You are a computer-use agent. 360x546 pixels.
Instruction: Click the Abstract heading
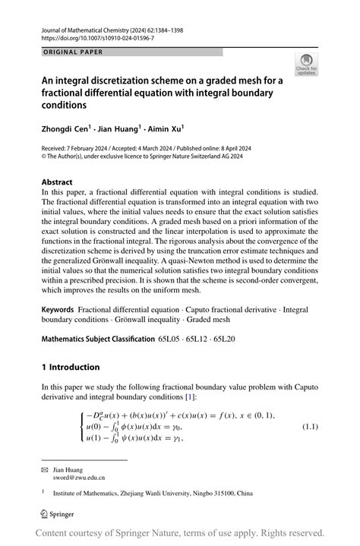point(57,182)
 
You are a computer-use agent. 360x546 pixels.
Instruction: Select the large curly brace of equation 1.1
point(79,427)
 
